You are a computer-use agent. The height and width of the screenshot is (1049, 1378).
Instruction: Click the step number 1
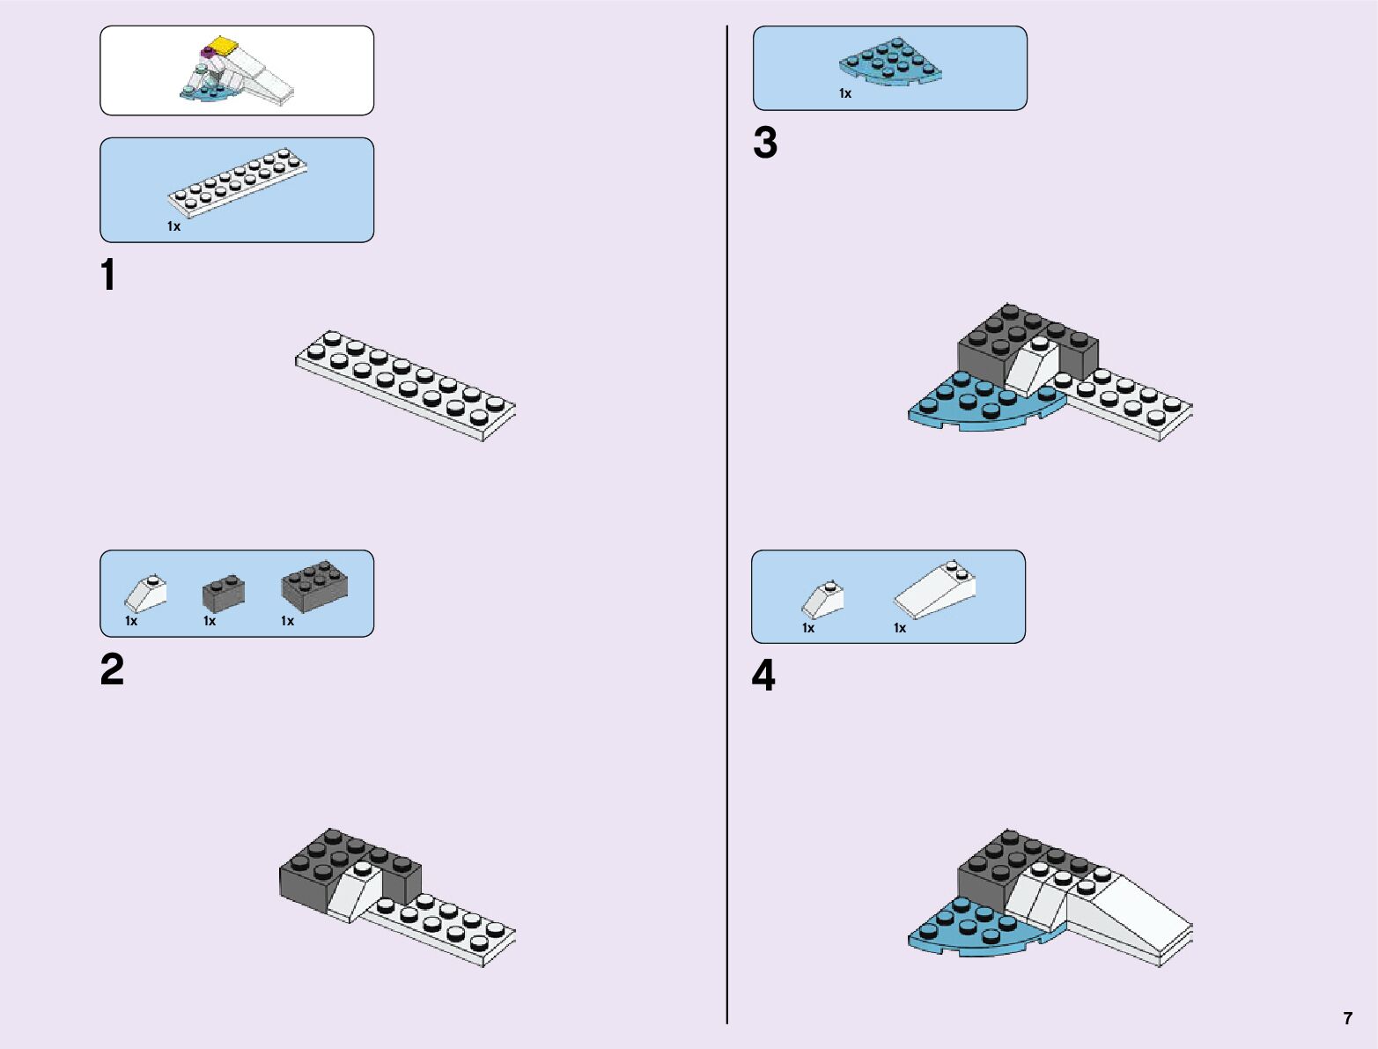(x=108, y=275)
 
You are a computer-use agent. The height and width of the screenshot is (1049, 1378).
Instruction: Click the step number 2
(x=112, y=669)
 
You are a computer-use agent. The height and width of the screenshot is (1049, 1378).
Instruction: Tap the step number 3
(x=765, y=143)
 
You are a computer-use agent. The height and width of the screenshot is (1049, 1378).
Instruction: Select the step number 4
(x=763, y=676)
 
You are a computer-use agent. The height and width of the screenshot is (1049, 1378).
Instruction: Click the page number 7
(x=1347, y=1018)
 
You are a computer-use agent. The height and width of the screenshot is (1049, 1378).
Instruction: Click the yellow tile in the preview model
(x=225, y=46)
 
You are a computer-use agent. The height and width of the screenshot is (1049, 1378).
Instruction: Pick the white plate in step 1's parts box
(x=239, y=181)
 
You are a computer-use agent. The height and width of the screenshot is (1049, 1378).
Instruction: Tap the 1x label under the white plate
(x=173, y=226)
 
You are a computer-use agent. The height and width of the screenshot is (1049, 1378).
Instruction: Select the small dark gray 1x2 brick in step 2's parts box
(x=224, y=593)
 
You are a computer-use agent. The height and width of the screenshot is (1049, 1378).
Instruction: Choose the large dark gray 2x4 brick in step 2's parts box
(x=314, y=586)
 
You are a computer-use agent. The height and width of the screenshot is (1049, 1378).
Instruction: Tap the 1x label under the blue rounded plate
(x=845, y=93)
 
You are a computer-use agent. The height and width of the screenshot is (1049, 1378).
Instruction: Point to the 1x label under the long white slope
(x=899, y=628)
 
